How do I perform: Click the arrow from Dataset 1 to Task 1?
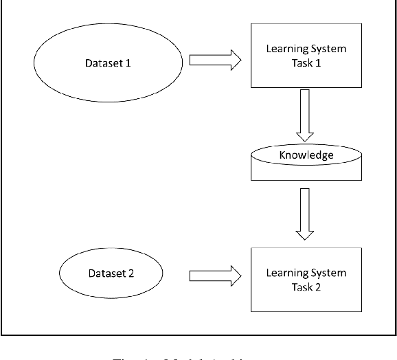coord(214,60)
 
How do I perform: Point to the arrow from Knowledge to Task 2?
coord(305,214)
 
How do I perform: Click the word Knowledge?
coord(306,155)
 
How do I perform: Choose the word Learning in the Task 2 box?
coord(288,273)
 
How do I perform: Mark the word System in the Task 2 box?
coord(329,273)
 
